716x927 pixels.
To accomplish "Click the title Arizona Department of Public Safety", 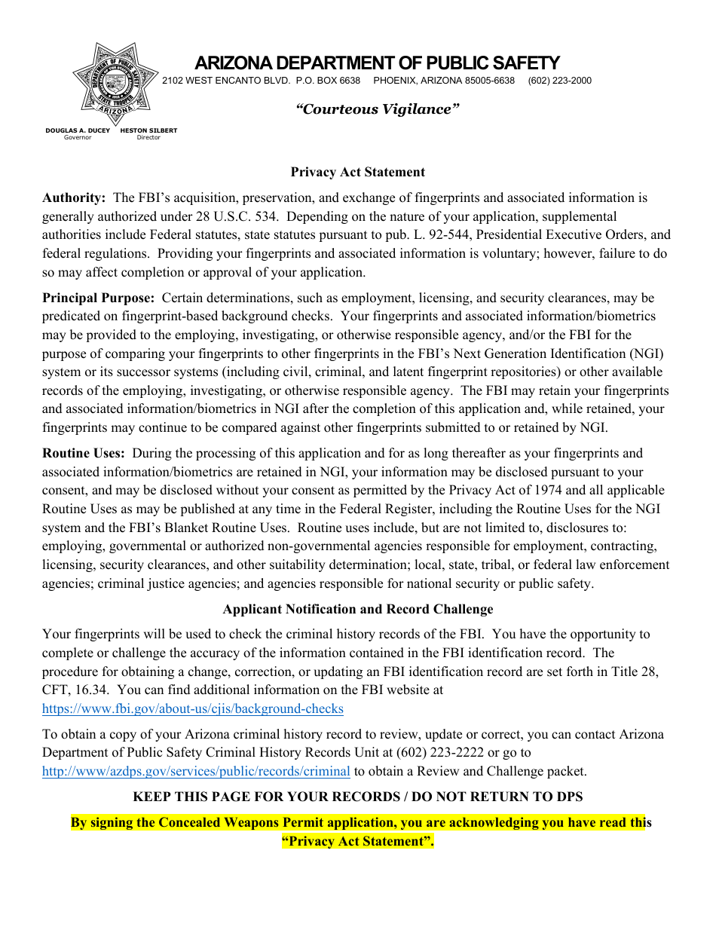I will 377,63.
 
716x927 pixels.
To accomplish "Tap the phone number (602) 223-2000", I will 559,81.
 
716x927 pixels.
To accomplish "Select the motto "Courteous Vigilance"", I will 377,109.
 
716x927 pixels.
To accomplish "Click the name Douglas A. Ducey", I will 78,130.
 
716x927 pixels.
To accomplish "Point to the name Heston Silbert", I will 148,130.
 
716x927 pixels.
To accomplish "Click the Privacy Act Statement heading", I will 358,172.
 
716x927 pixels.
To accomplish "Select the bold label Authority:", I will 74,198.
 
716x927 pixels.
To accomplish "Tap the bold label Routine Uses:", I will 83,453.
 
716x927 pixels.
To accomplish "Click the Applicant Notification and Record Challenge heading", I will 358,609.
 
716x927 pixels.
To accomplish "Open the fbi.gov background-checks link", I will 193,708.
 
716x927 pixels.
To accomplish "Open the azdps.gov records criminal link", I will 196,771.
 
